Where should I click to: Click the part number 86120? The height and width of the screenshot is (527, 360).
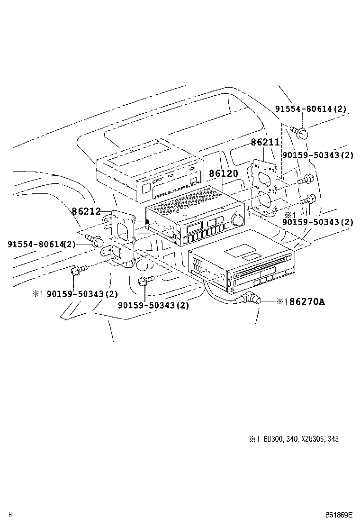coord(223,174)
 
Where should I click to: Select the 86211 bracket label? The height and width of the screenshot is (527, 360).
coord(265,142)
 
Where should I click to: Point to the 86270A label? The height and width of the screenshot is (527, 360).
coord(307,301)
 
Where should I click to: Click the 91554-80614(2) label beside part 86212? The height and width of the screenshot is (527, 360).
coord(41,244)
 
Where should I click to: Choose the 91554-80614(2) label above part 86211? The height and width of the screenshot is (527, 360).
coord(310,109)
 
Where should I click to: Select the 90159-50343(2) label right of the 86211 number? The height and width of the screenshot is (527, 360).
coord(318,155)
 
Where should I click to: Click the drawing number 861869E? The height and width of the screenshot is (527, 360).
coord(339,515)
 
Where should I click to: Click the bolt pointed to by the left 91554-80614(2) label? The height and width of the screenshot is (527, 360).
coord(98,243)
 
